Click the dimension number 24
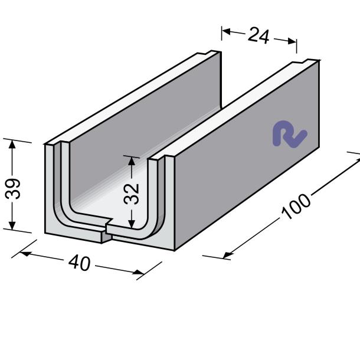coord(258,35)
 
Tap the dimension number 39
coord(13,188)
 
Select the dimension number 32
coord(132,194)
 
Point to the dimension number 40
coord(80,263)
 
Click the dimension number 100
coord(296,207)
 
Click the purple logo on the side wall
coord(290,134)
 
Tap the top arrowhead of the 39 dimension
coord(12,144)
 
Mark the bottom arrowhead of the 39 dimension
coord(12,225)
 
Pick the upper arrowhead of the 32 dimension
coord(132,161)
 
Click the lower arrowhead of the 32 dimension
coord(132,224)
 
